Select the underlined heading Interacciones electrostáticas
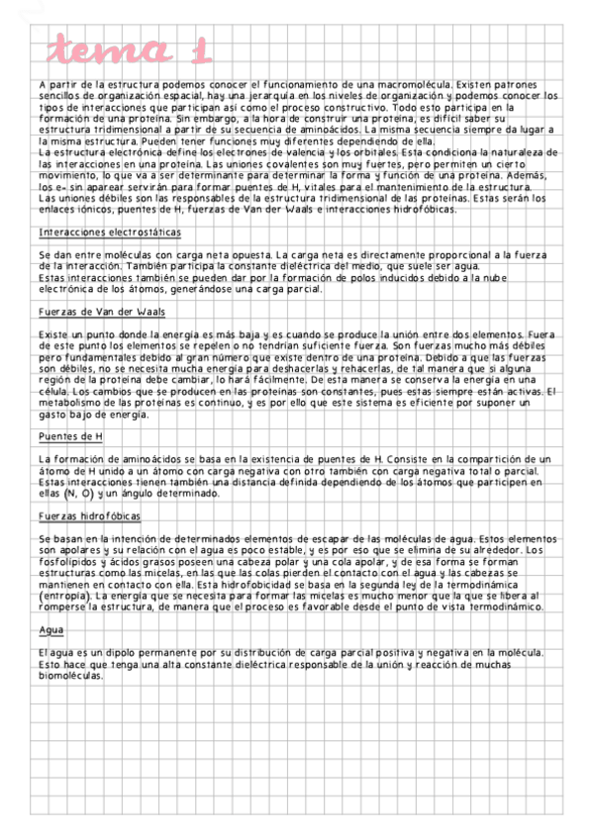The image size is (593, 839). [109, 233]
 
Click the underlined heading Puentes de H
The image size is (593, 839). [70, 436]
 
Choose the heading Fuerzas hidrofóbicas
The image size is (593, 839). [90, 515]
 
